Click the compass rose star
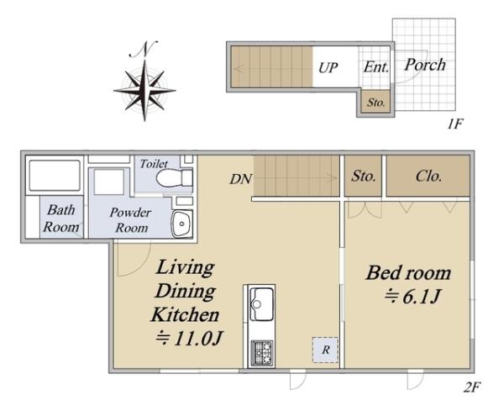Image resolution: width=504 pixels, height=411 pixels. click(144, 91)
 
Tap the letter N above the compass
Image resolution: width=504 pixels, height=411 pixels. click(144, 50)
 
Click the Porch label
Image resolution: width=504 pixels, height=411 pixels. click(425, 65)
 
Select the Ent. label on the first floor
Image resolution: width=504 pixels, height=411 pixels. click(376, 67)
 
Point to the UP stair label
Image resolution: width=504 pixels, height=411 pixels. click(328, 68)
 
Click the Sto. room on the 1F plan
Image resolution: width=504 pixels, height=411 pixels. click(375, 102)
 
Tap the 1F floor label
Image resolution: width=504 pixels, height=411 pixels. click(454, 124)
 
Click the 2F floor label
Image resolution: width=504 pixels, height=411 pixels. click(471, 387)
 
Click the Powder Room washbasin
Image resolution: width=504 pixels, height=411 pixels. click(182, 224)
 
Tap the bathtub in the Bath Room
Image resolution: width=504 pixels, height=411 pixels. click(55, 176)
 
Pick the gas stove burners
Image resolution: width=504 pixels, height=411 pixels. click(261, 353)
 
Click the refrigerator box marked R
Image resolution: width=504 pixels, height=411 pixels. click(325, 350)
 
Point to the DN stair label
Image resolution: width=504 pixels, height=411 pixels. click(241, 179)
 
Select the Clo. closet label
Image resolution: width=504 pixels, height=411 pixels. click(428, 177)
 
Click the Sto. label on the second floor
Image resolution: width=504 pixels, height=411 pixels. click(363, 177)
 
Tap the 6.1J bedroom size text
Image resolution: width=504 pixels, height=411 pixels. click(412, 297)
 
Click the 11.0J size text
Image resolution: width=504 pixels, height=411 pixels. click(189, 339)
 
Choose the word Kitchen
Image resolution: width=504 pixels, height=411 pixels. click(185, 314)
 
